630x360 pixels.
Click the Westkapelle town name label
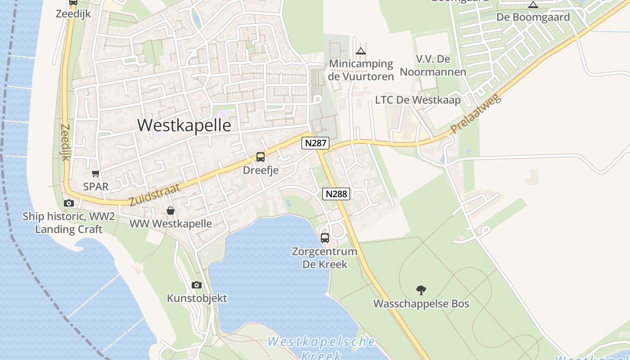click(x=184, y=125)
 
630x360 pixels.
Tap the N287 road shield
click(x=315, y=143)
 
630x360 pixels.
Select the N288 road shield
click(x=336, y=194)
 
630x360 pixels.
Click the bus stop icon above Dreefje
click(x=261, y=157)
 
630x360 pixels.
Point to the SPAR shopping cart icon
click(x=95, y=173)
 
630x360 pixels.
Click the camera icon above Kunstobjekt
click(x=197, y=285)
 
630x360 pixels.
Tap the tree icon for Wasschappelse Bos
click(x=421, y=290)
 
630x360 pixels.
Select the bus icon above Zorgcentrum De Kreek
click(x=325, y=238)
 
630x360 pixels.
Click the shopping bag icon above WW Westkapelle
click(x=171, y=211)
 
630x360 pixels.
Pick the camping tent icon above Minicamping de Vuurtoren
click(x=361, y=51)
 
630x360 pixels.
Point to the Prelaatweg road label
click(x=476, y=116)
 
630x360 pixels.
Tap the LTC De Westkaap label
click(x=418, y=100)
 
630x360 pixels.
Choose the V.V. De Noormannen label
click(x=433, y=66)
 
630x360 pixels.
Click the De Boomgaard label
click(x=533, y=18)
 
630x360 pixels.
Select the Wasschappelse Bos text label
click(x=421, y=304)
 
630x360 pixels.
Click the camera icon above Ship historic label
click(x=69, y=203)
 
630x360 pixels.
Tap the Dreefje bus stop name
click(x=261, y=170)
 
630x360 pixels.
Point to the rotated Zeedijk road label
click(x=65, y=143)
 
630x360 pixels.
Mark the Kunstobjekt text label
click(x=197, y=298)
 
